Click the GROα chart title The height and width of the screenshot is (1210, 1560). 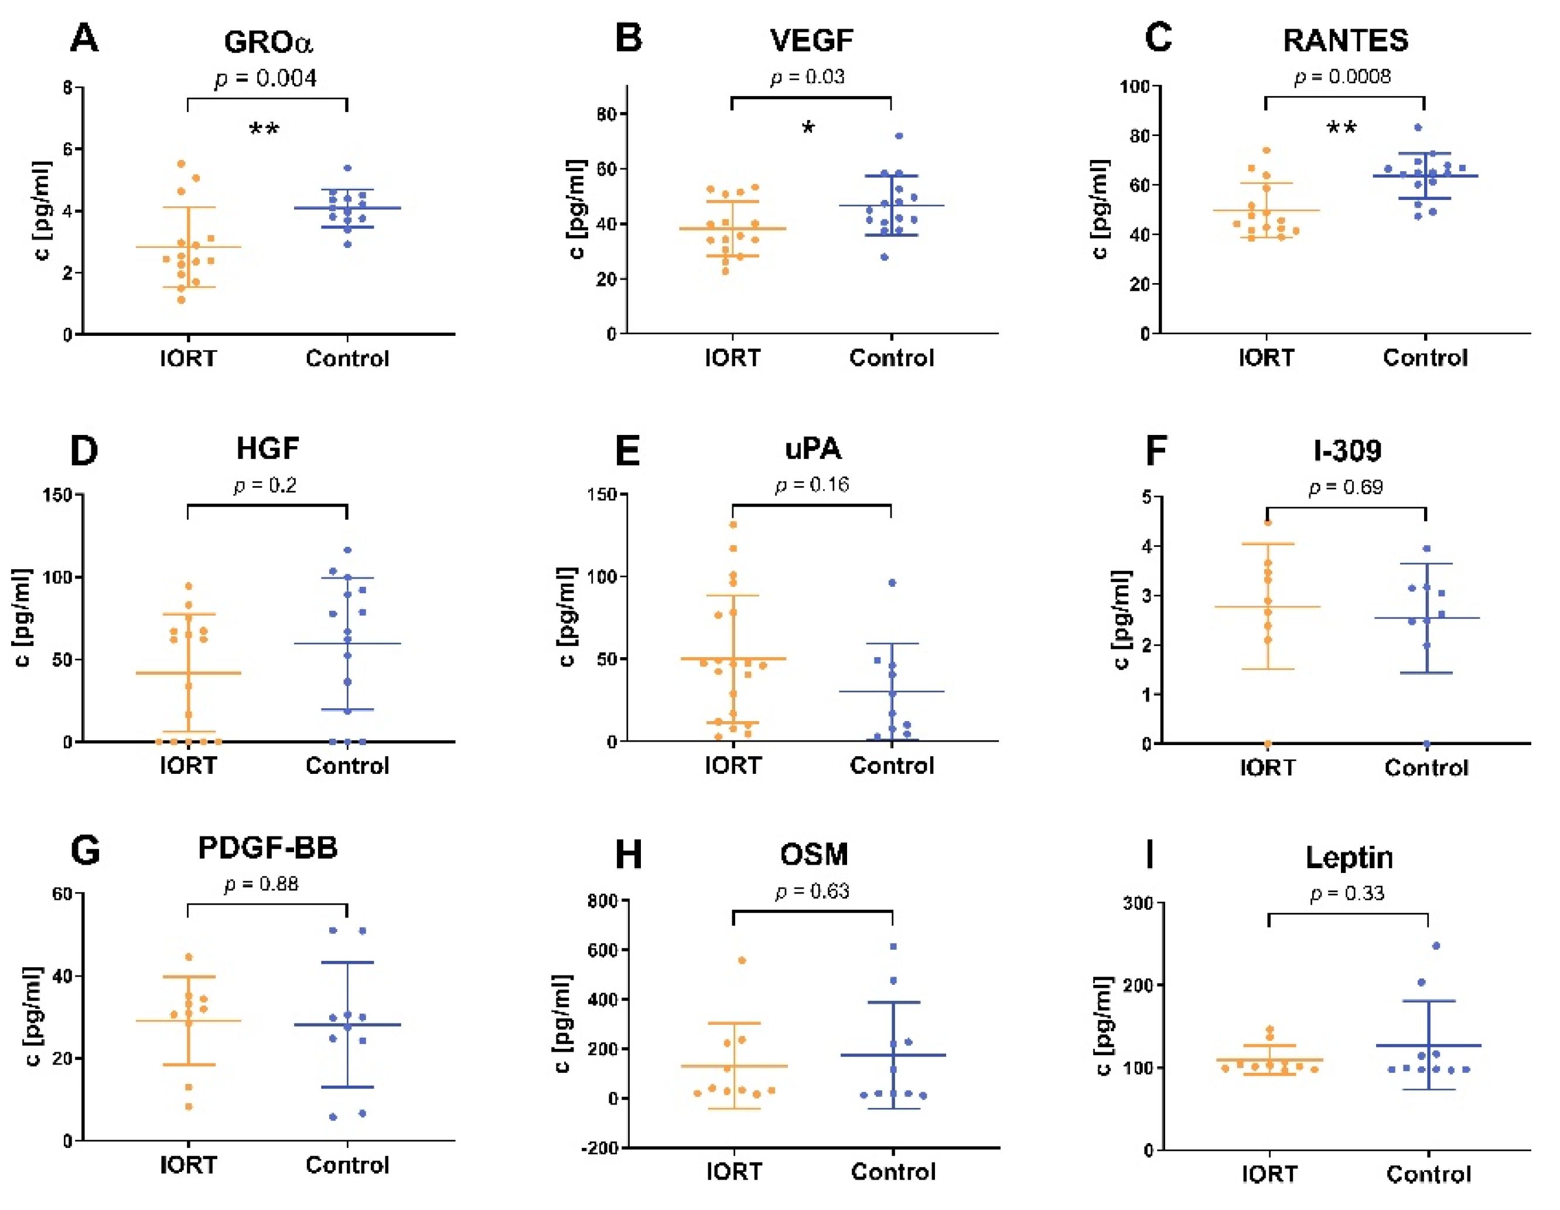[268, 42]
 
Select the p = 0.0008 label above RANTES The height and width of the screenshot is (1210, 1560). [1342, 76]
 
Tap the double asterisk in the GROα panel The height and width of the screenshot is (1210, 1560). [264, 130]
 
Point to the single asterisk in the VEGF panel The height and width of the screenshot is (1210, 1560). [808, 128]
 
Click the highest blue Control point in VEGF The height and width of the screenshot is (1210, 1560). [899, 136]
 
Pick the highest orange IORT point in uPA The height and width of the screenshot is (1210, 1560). [733, 525]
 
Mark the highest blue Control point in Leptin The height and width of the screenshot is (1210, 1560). [1436, 946]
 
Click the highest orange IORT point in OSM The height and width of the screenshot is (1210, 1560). [742, 960]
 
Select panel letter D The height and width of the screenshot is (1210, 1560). [84, 451]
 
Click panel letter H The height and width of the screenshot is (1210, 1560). [628, 854]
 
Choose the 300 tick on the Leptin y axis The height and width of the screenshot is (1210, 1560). [1137, 903]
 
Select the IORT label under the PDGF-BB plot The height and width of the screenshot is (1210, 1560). [188, 1165]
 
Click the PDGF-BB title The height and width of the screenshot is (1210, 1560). [267, 848]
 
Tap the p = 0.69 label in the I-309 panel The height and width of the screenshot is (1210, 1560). [1345, 487]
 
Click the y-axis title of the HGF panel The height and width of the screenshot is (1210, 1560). [23, 617]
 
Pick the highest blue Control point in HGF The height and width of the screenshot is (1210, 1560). [348, 550]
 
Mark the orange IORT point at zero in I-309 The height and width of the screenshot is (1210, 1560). [1268, 744]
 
